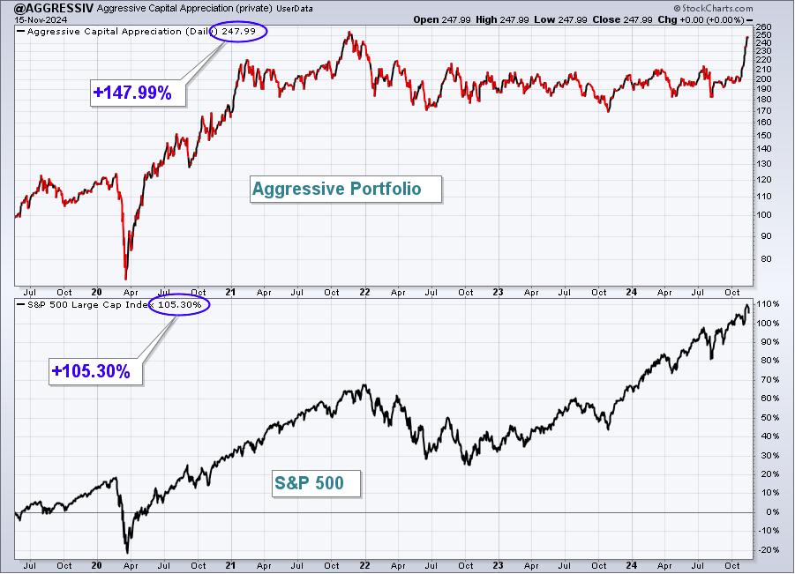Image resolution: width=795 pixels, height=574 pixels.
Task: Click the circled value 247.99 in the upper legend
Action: [238, 32]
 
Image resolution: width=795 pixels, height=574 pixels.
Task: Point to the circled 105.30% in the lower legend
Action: [179, 304]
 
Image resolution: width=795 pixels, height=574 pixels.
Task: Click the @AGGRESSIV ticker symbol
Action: [54, 8]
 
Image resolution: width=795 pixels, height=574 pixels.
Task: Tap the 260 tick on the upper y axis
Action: [763, 26]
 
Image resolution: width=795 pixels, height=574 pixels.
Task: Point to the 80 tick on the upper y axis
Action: [762, 259]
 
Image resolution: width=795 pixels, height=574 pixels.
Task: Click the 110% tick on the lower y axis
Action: [768, 304]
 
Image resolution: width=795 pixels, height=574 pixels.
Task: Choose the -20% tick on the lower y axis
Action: [768, 549]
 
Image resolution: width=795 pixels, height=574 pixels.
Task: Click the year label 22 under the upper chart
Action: [364, 293]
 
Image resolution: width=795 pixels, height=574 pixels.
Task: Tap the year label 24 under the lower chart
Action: [631, 565]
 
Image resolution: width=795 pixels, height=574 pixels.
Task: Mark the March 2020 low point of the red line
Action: [126, 280]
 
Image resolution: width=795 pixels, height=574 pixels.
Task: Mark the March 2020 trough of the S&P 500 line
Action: [127, 553]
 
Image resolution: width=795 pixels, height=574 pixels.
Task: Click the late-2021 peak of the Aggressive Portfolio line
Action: [349, 33]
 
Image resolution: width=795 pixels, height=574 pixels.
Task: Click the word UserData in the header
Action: [295, 9]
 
